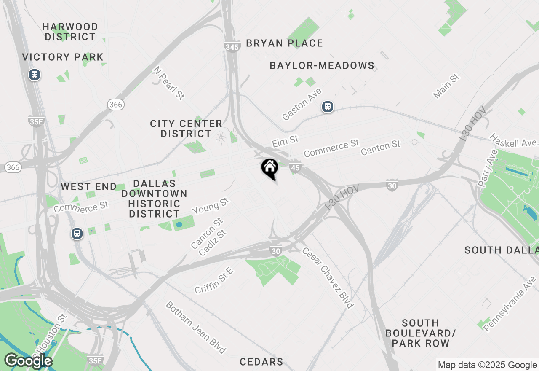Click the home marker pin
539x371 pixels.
269,168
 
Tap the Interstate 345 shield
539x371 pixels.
232,47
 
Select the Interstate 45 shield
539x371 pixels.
295,168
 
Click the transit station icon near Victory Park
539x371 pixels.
35,75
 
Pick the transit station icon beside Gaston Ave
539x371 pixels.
327,107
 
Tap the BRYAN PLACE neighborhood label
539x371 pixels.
284,43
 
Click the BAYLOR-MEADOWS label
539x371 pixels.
322,65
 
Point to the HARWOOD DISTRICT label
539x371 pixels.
70,32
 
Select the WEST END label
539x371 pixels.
88,186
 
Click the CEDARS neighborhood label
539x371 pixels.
261,362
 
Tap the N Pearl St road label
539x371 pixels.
169,83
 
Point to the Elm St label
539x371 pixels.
285,141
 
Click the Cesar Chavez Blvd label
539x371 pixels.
328,277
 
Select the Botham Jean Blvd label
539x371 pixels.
195,327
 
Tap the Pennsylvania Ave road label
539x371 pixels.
510,304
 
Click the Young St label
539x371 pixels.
211,207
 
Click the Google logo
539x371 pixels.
28,361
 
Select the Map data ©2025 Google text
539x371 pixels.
487,365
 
